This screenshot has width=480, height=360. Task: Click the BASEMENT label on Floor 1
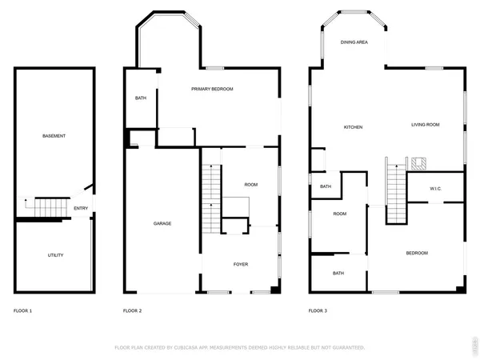point(54,136)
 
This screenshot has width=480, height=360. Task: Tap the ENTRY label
point(81,209)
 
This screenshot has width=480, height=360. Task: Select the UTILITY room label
point(55,255)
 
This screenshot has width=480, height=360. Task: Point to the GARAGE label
point(162,223)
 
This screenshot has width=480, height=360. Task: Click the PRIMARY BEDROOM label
point(212,89)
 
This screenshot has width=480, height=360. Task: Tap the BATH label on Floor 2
point(140,98)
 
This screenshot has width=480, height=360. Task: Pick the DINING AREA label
point(354,42)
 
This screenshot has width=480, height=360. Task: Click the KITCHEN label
point(354,127)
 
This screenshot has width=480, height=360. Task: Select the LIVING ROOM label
point(426,124)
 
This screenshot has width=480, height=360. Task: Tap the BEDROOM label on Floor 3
point(416,253)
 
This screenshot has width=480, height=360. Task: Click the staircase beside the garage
point(211,196)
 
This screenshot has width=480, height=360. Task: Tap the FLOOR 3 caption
point(318,310)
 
